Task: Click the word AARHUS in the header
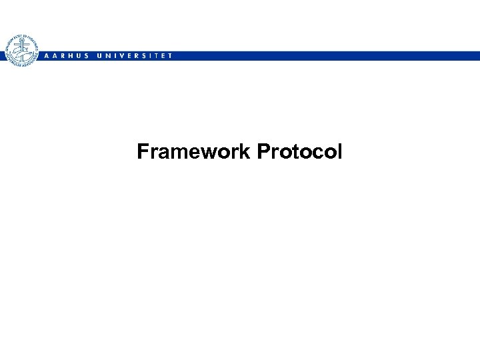(65, 56)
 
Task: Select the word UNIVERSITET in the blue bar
(134, 56)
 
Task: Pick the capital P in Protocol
(262, 152)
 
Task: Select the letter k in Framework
(245, 152)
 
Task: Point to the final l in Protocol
(339, 152)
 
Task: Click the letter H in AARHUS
(70, 56)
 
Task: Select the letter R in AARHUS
(62, 56)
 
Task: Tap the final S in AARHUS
(87, 56)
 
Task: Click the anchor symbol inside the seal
(21, 50)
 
